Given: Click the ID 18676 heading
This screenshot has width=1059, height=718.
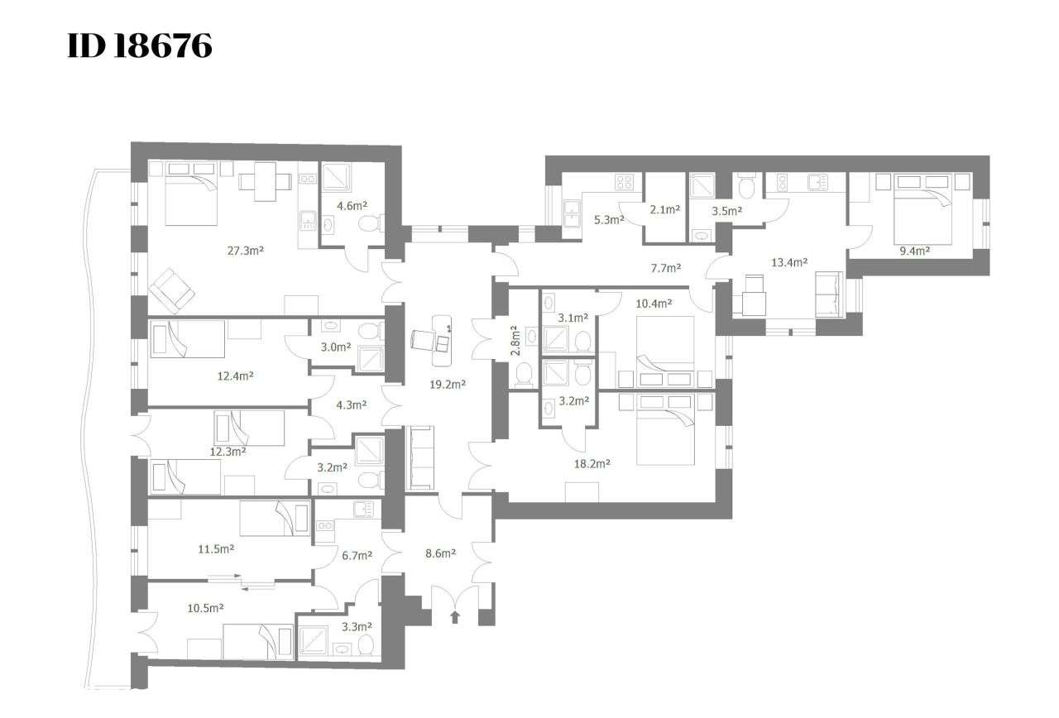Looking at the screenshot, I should [x=139, y=46].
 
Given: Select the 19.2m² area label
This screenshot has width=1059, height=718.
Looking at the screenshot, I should [x=448, y=385].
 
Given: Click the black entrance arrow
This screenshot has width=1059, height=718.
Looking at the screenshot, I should [x=454, y=616].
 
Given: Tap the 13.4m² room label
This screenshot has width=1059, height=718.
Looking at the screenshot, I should [x=788, y=262].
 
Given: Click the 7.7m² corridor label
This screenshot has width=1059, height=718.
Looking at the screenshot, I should [x=666, y=268].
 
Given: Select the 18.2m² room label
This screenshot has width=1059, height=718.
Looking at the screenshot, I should [x=592, y=464].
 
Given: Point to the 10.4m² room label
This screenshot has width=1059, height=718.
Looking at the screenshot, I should [x=654, y=304].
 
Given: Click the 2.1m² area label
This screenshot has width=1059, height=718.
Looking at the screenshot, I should [x=664, y=210].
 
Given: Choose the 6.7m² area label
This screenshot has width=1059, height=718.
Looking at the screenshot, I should [x=357, y=555].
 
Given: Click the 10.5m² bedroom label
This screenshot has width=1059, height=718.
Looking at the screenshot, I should [x=205, y=608].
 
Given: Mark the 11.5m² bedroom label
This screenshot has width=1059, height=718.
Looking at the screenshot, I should [x=217, y=548].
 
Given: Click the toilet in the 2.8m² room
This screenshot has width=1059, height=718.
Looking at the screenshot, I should [x=525, y=375].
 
